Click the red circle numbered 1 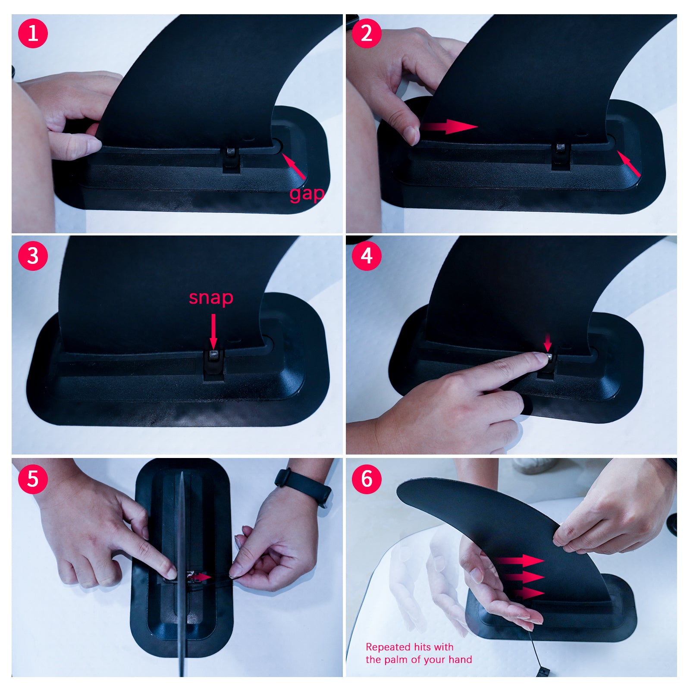(x=33, y=33)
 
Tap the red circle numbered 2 (x=367, y=33)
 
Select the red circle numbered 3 (x=33, y=256)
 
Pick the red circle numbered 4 (x=367, y=256)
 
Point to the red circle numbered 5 (x=33, y=479)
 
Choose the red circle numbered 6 (x=367, y=479)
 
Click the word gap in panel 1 (x=307, y=194)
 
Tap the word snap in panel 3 (x=211, y=297)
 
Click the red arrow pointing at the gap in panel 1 (x=294, y=166)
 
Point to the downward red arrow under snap (x=213, y=331)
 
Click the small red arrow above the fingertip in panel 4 (x=548, y=342)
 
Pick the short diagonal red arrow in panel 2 (x=629, y=163)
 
